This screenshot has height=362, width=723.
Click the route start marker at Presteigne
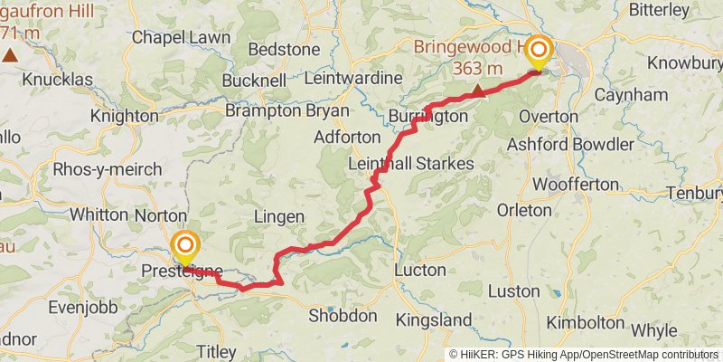click(185, 245)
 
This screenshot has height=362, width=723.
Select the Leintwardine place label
click(353, 79)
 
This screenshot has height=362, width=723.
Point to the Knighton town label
click(125, 116)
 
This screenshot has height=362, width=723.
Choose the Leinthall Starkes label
click(411, 163)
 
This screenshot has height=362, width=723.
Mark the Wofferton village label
click(575, 184)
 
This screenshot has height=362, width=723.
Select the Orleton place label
click(524, 210)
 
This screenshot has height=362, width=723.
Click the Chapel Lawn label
click(176, 37)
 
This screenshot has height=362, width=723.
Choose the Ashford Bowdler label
click(569, 144)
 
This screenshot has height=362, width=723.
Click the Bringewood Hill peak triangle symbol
click(477, 89)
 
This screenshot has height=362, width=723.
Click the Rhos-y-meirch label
click(108, 169)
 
